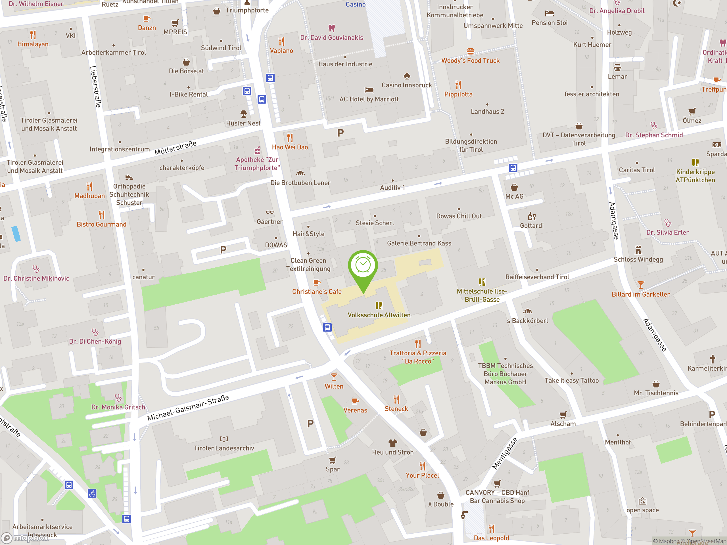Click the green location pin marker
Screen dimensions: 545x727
point(363,266)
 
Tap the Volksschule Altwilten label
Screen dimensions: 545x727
point(379,315)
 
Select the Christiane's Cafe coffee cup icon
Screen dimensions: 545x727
point(317,282)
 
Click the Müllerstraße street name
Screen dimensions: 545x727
point(176,148)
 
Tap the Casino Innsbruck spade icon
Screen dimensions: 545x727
point(407,76)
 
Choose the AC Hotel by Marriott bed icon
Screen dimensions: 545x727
point(369,90)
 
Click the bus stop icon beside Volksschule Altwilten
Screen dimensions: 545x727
point(327,327)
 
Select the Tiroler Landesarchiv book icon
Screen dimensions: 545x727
point(224,439)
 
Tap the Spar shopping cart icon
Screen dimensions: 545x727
point(333,460)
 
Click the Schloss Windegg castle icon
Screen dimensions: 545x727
point(638,250)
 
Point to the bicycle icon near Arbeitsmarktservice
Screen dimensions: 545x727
point(92,493)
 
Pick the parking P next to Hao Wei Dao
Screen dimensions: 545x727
point(340,133)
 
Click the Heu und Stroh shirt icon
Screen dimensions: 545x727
point(393,443)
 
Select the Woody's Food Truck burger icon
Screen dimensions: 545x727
point(470,51)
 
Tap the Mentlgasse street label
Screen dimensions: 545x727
point(505,453)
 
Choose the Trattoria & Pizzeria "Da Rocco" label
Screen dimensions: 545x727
point(418,357)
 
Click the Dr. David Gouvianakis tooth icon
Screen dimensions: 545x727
point(332,28)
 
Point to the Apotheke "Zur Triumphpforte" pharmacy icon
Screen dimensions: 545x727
point(257,150)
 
